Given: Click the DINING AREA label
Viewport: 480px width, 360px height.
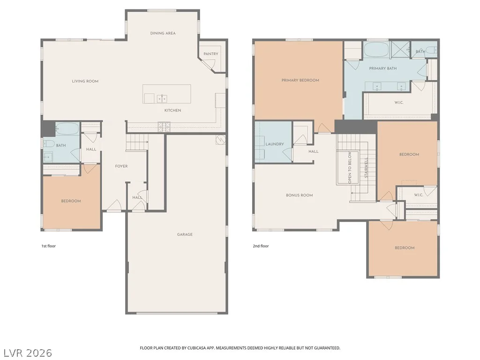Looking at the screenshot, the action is pyautogui.click(x=163, y=33).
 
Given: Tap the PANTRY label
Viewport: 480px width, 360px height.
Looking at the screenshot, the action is pyautogui.click(x=211, y=54).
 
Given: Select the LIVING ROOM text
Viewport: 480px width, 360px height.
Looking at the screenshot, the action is pyautogui.click(x=85, y=81).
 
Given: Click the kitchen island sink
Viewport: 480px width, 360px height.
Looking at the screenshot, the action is pyautogui.click(x=162, y=98).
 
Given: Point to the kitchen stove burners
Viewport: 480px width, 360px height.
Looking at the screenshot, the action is pyautogui.click(x=164, y=127).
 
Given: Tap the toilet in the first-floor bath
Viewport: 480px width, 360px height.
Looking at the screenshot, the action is pyautogui.click(x=49, y=143).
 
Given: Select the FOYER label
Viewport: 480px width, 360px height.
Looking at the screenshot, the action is pyautogui.click(x=121, y=166).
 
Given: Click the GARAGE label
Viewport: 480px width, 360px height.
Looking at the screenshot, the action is pyautogui.click(x=185, y=234).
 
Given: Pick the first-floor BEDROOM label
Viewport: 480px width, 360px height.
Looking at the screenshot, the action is pyautogui.click(x=71, y=201).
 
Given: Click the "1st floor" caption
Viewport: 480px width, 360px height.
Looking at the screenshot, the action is pyautogui.click(x=49, y=246).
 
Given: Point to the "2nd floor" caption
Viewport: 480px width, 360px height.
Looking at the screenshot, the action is pyautogui.click(x=261, y=246).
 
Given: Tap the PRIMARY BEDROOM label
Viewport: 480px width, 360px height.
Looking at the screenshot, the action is pyautogui.click(x=300, y=80).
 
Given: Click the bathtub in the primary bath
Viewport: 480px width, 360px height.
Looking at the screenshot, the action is pyautogui.click(x=376, y=50).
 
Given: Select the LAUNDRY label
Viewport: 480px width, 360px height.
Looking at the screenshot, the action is pyautogui.click(x=275, y=144).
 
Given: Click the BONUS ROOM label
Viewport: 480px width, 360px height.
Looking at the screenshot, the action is pyautogui.click(x=300, y=195).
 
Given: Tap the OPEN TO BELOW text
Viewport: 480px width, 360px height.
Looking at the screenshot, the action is pyautogui.click(x=350, y=168).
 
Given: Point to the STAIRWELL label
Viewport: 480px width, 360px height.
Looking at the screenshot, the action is pyautogui.click(x=366, y=168).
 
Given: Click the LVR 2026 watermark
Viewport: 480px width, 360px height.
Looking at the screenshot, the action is pyautogui.click(x=28, y=352).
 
